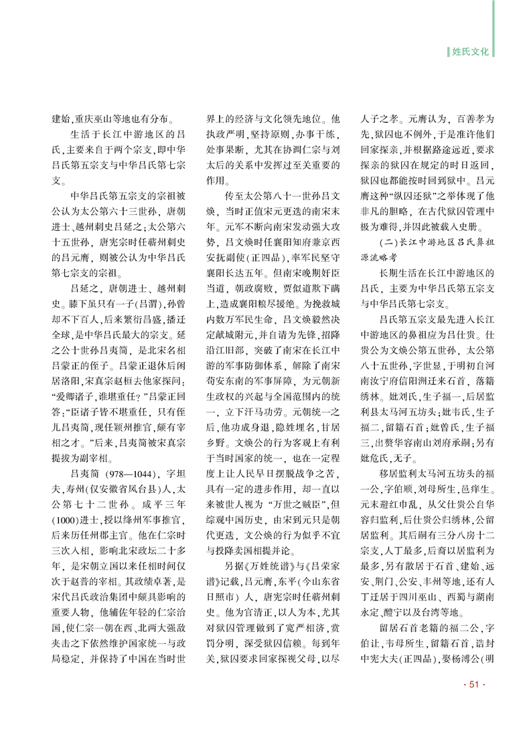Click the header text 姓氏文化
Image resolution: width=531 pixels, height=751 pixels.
tap(472, 50)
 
